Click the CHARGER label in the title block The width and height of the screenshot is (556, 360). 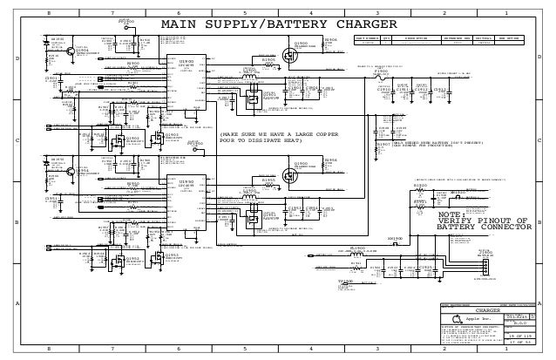485,309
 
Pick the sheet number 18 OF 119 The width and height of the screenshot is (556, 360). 519,334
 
